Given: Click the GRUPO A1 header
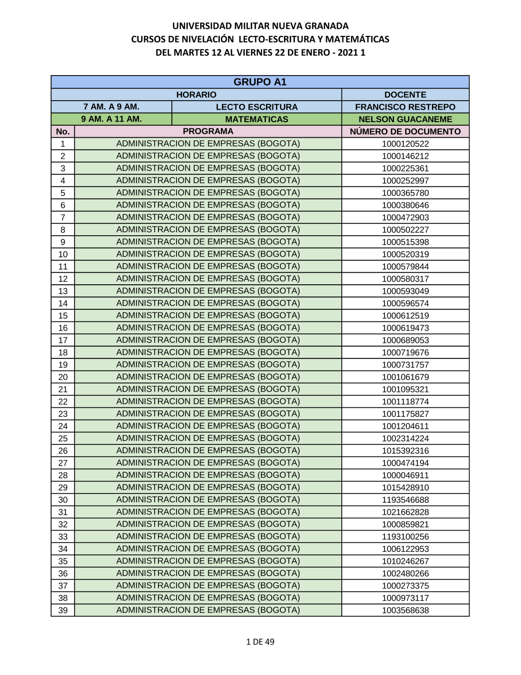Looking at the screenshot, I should [x=260, y=82].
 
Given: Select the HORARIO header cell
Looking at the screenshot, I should [x=196, y=94].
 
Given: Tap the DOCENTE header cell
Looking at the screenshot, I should [x=405, y=94].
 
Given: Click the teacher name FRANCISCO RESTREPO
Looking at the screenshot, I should [x=405, y=107].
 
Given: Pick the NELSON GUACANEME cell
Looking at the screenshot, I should [x=405, y=119].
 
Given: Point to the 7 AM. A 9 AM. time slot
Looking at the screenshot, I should [x=111, y=106].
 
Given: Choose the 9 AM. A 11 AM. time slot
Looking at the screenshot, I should [x=111, y=119].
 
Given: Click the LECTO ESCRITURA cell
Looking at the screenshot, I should [x=256, y=107].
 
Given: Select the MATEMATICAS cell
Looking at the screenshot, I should [x=256, y=119].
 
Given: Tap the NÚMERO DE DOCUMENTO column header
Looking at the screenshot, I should [x=405, y=131].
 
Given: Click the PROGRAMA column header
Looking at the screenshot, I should [x=208, y=131].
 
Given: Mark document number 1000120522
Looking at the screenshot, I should [x=405, y=144].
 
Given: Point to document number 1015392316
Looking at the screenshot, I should [x=405, y=451].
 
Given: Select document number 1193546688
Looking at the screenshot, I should [x=405, y=500].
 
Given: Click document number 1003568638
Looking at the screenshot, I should [x=405, y=610].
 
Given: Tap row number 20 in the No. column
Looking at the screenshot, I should [x=63, y=377].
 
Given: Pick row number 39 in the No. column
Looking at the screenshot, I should [x=63, y=610].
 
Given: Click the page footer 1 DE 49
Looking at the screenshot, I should [x=260, y=642].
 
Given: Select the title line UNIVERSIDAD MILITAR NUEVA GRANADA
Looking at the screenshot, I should [x=260, y=26].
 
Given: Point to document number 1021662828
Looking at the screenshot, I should [x=405, y=512].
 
